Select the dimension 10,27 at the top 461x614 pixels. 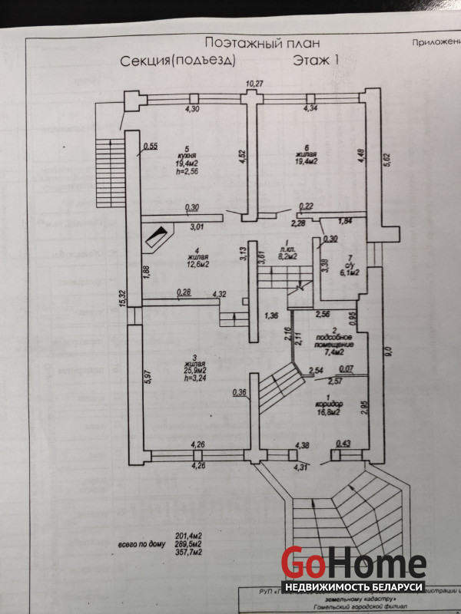[x=254, y=83]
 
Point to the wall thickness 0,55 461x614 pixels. [x=151, y=146]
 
